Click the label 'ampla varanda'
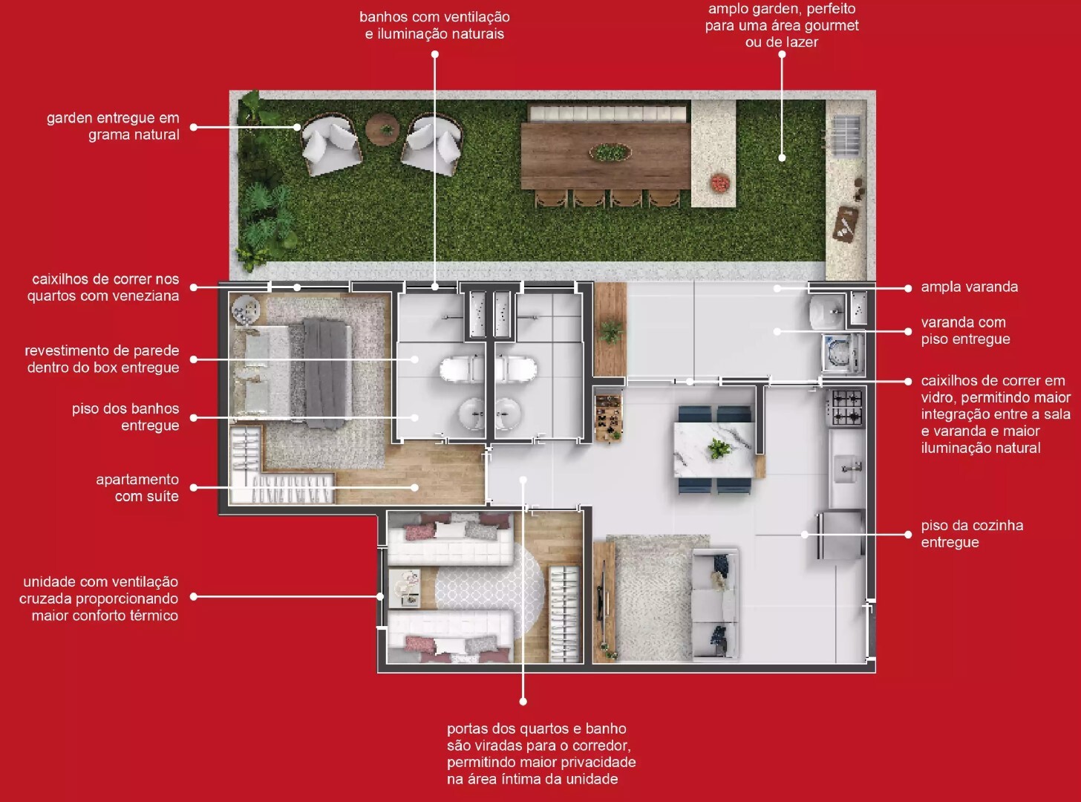point(969,287)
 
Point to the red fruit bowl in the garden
point(720,183)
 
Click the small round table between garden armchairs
point(383,129)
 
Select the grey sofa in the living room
point(716,604)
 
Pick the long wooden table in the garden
point(605,155)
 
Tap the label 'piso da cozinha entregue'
point(972,534)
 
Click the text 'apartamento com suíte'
point(137,488)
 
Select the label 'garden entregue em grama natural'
point(113,126)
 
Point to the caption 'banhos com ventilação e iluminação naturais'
point(435,25)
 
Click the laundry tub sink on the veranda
point(828,311)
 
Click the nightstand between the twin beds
point(405,588)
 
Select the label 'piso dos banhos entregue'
point(125,417)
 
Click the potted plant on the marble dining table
point(717,449)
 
